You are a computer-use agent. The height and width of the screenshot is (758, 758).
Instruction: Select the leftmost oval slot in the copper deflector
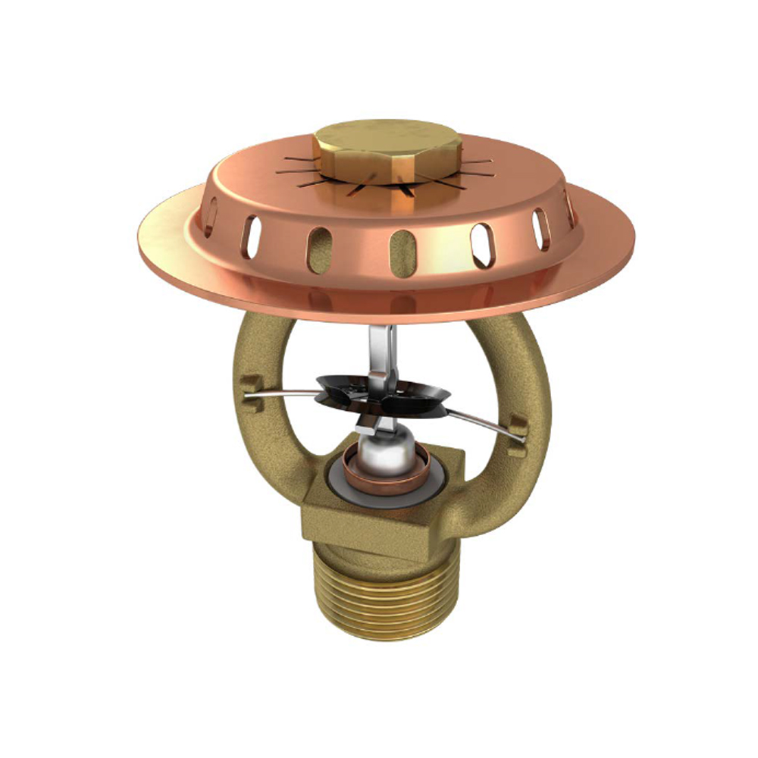point(211,216)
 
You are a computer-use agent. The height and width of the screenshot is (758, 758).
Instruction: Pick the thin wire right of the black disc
point(485,424)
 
